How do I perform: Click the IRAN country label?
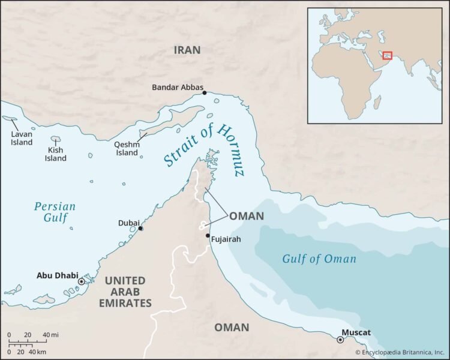187,50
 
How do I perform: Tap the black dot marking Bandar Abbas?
205,93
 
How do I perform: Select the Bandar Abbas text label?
177,87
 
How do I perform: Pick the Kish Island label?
56,155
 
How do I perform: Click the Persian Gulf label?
55,211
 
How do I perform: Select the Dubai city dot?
140,229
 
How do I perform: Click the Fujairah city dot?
208,236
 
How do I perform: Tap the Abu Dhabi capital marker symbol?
82,281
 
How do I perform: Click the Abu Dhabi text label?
57,276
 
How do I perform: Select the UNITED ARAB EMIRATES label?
125,292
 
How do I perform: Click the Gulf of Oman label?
319,259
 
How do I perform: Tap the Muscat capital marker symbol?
341,340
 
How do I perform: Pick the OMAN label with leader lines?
247,216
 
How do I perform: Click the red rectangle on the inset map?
388,56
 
